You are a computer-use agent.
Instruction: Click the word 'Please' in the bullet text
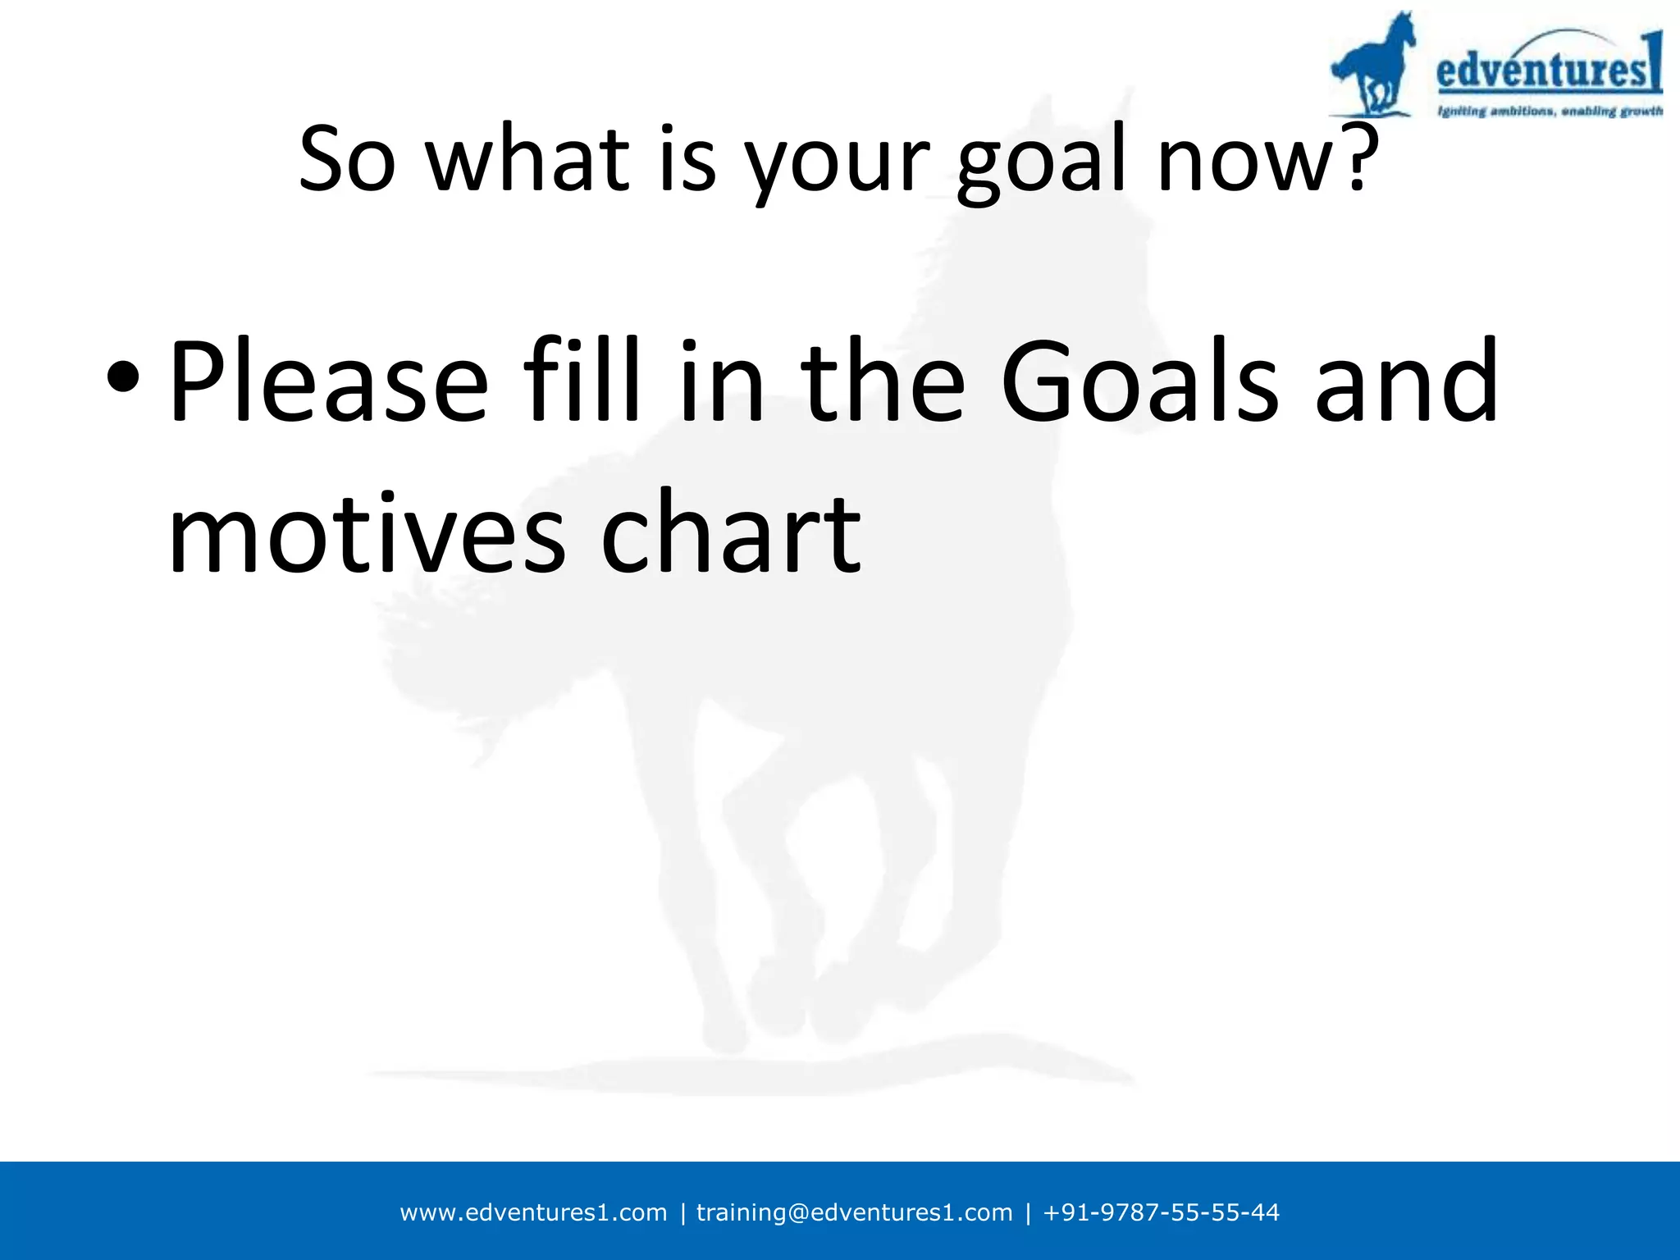coord(328,382)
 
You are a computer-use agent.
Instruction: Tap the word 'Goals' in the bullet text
coord(1139,382)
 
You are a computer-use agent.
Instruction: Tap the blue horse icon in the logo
coord(1372,66)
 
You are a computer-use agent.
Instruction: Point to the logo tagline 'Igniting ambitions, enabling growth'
coord(1549,111)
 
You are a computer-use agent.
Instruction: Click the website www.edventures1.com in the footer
coord(533,1212)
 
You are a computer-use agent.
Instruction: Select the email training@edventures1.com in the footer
coord(854,1212)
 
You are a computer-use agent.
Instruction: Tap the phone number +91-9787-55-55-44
coord(1160,1212)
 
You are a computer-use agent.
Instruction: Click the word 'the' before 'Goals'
coord(883,382)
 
